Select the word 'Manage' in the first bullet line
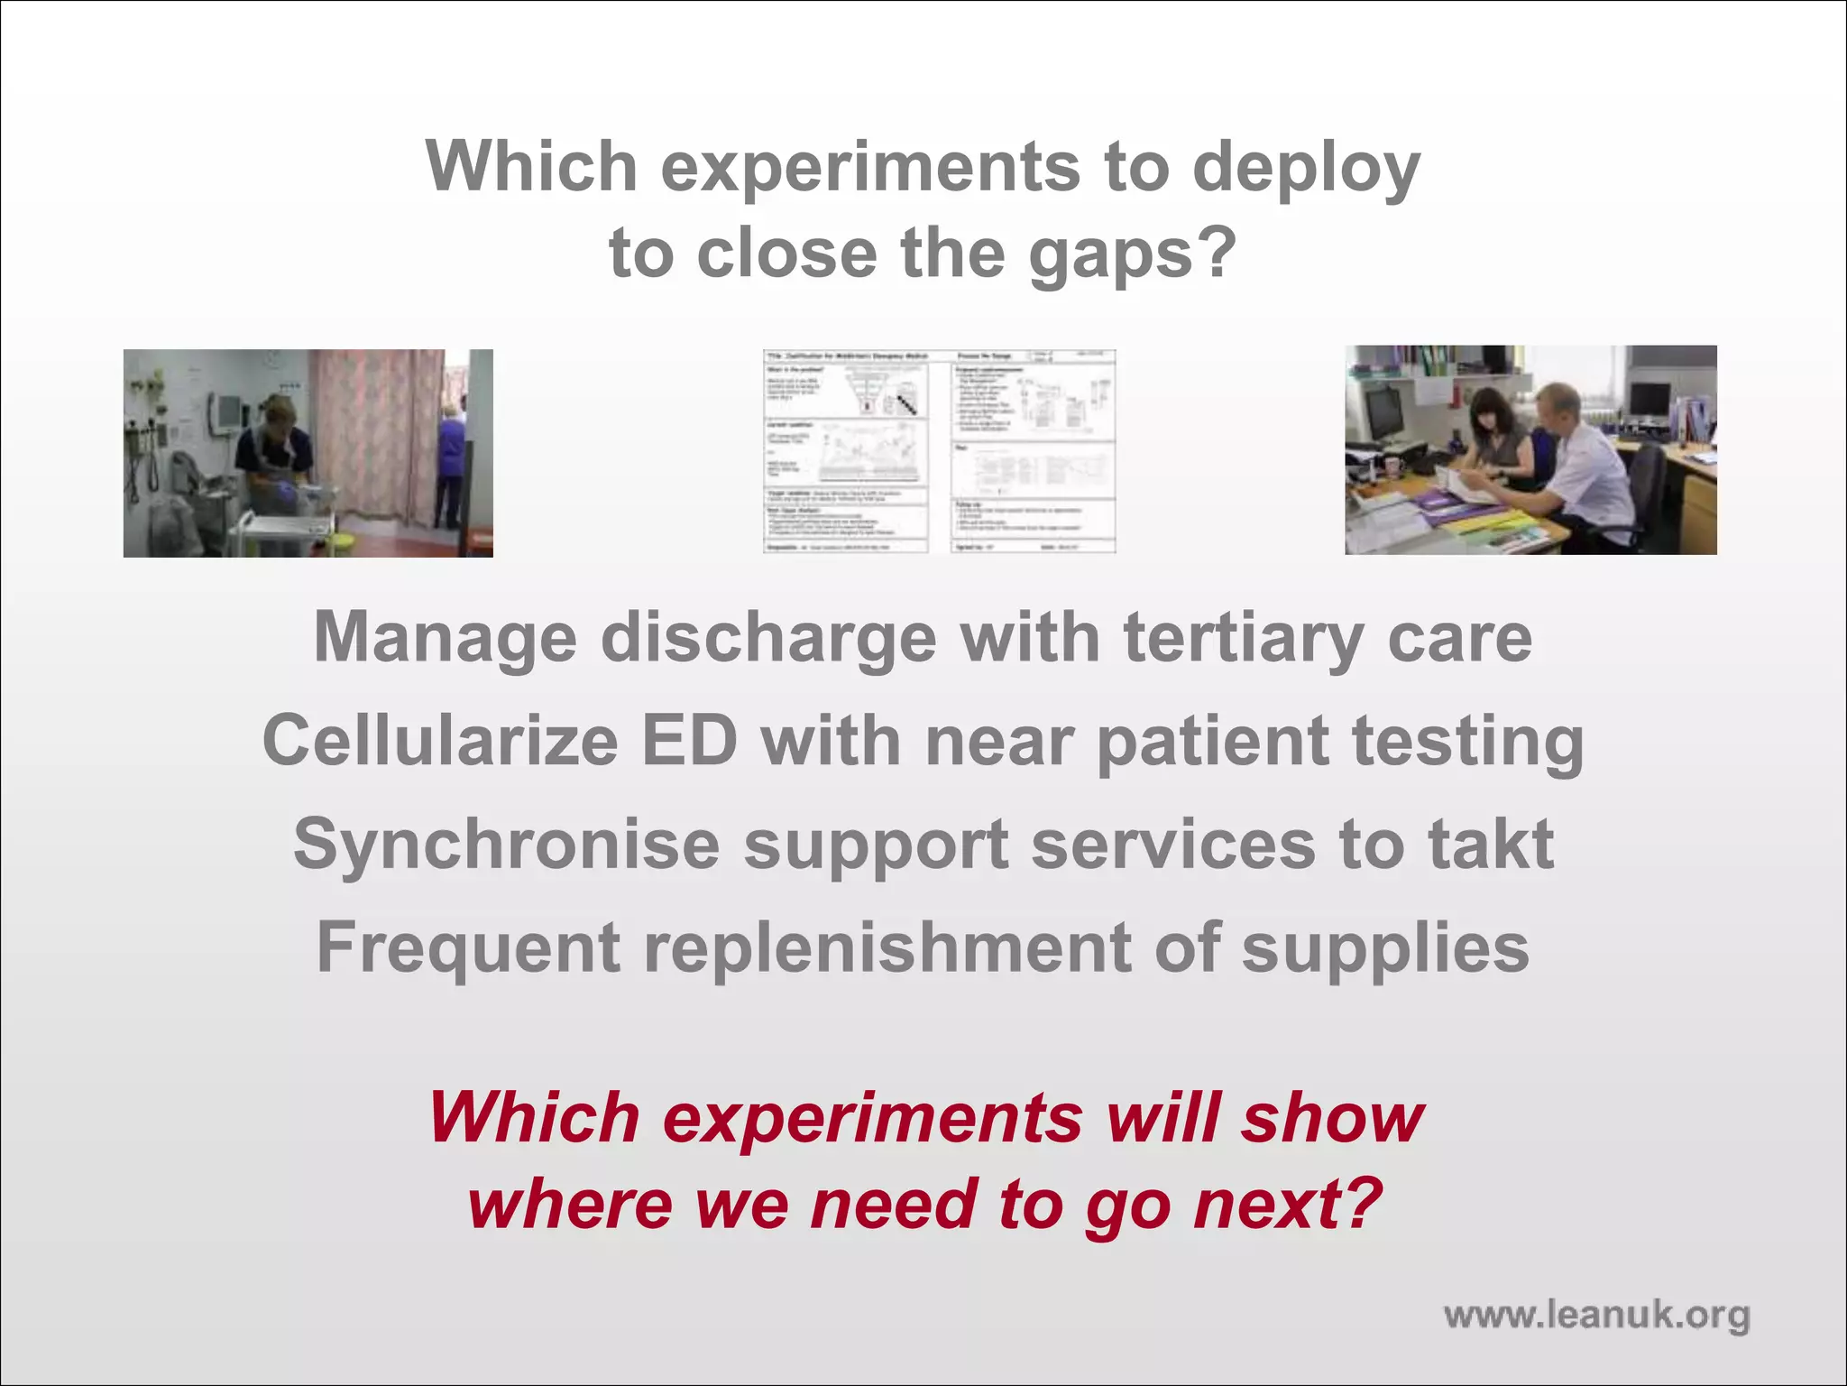(x=445, y=639)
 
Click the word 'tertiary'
(x=1243, y=639)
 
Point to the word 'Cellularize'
(x=440, y=742)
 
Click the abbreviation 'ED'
(x=689, y=742)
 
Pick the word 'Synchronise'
(x=506, y=845)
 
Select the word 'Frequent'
(x=469, y=947)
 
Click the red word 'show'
(x=1331, y=1119)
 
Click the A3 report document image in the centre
(x=939, y=451)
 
